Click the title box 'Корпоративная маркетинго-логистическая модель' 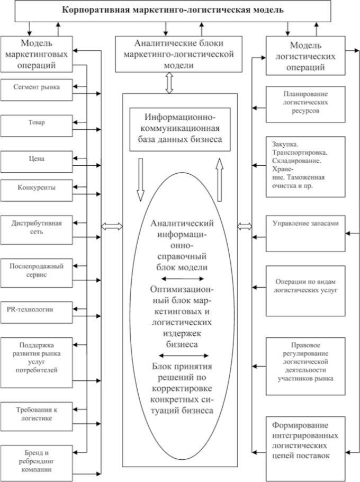173,11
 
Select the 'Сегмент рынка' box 37,90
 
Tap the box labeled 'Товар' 37,126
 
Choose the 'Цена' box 37,162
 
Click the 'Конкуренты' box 37,191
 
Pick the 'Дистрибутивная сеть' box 37,230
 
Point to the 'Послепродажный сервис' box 37,273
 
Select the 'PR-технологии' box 37,313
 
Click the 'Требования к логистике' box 37,416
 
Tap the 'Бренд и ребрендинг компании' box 37,463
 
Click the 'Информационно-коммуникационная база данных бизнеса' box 180,129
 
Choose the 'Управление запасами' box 305,234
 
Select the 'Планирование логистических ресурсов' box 305,104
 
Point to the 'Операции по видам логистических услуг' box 305,291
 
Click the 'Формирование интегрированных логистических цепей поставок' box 305,449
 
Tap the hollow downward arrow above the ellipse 140,180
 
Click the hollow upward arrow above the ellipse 219,180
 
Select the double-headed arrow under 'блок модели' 183,279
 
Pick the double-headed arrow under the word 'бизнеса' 184,355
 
